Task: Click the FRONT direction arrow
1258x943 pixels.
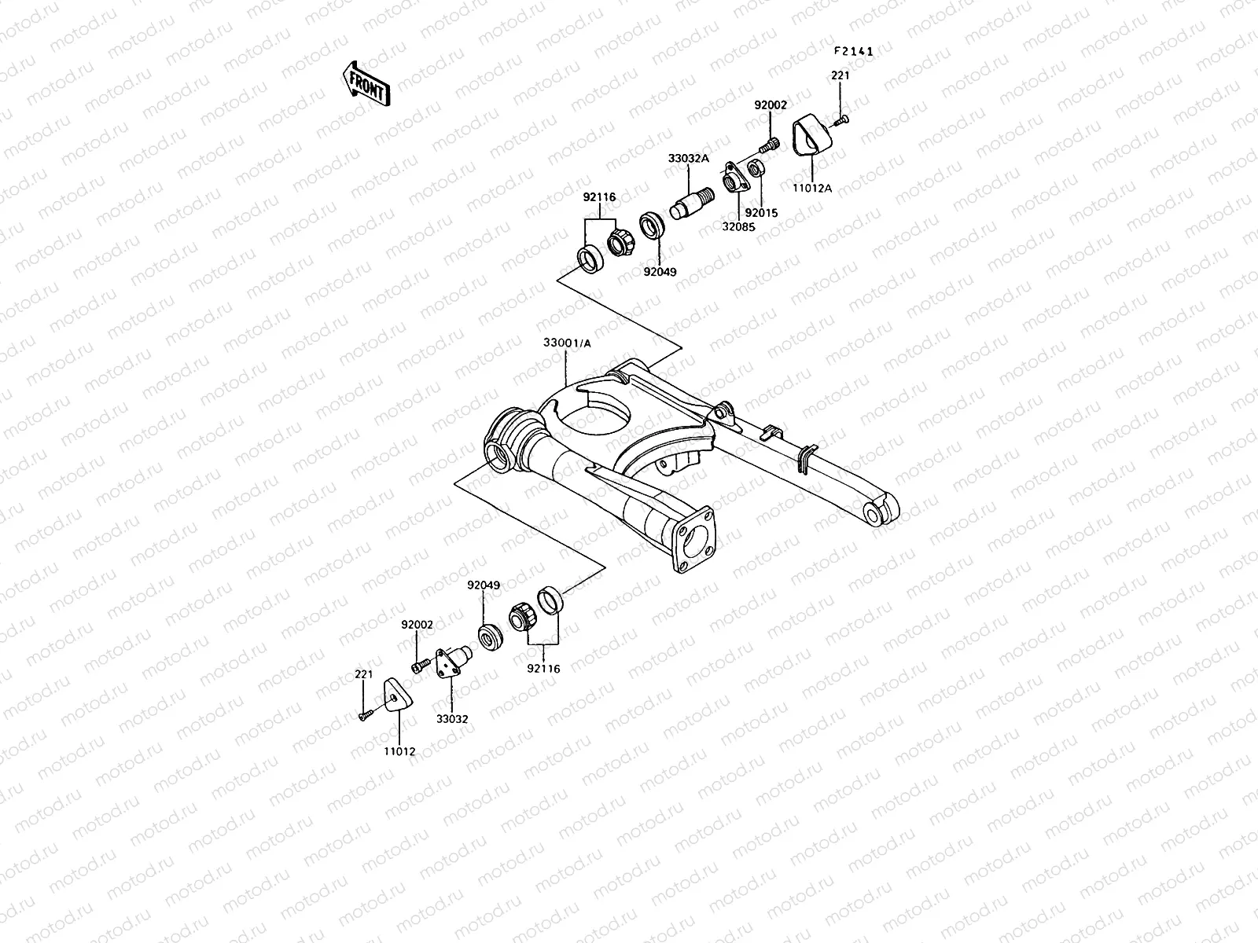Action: pos(366,83)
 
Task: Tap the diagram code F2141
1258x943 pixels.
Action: pos(854,52)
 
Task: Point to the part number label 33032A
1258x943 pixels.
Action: pos(688,158)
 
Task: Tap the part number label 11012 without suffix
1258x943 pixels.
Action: pos(399,751)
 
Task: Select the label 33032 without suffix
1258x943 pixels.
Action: pos(451,718)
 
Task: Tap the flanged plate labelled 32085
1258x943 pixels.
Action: pos(734,178)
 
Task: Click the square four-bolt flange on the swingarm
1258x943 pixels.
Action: pos(693,539)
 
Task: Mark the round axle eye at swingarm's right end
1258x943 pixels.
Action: pos(875,515)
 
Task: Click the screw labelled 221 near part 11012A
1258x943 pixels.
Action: pos(842,119)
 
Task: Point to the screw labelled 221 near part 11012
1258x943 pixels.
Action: pos(365,715)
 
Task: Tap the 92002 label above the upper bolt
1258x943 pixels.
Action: pos(771,105)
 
